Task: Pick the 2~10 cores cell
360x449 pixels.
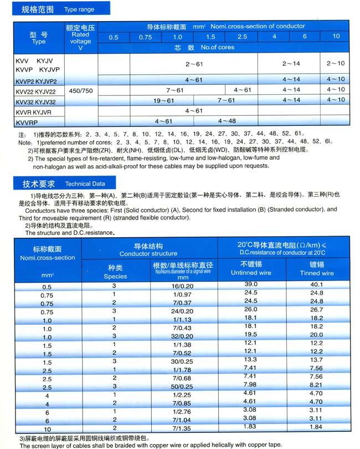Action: (x=336, y=64)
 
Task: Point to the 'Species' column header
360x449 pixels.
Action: (x=116, y=272)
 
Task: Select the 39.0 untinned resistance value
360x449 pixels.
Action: (x=251, y=284)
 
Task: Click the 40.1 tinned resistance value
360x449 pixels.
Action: (x=317, y=284)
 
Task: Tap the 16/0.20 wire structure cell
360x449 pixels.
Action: (x=181, y=284)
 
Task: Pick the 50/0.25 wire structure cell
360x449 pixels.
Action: (x=181, y=385)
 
